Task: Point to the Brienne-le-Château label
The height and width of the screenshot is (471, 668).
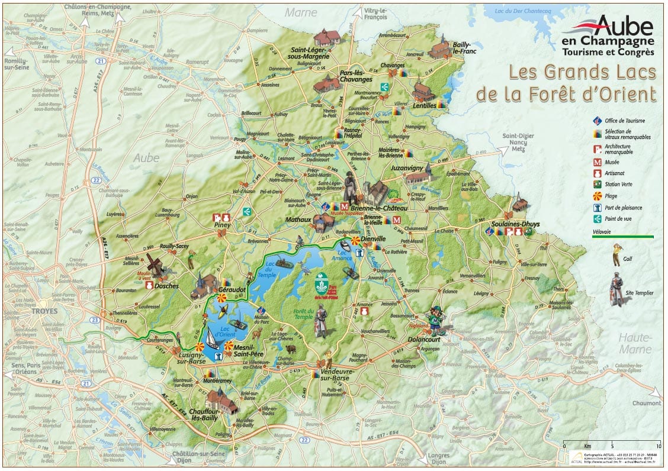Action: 379,209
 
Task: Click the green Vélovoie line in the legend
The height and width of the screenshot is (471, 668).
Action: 622,237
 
